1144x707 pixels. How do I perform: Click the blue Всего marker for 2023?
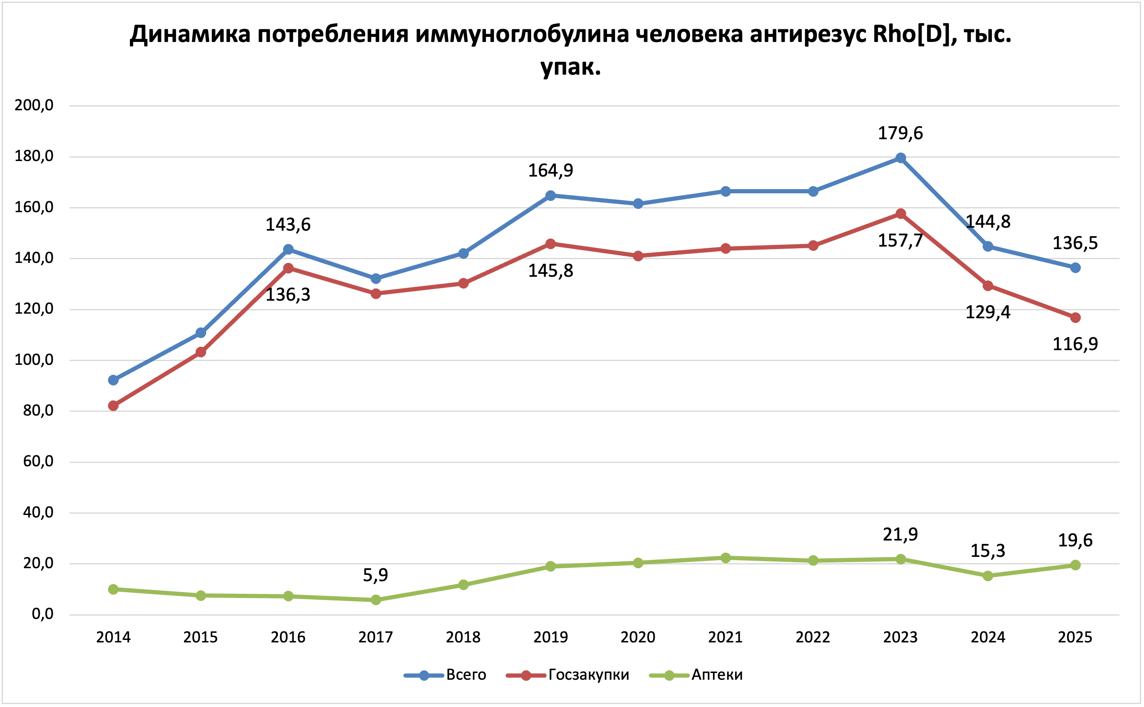[901, 158]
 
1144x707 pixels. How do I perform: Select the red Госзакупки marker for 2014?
[113, 405]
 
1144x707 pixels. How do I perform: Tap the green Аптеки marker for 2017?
[376, 600]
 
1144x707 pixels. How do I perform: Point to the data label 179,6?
[900, 133]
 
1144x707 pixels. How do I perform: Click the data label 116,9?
[1075, 344]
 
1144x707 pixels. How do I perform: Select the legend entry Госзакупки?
[589, 675]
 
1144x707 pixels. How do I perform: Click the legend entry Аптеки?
[717, 675]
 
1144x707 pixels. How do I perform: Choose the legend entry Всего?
[466, 675]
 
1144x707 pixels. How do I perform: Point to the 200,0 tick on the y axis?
[34, 105]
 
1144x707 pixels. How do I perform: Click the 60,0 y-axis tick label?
[38, 462]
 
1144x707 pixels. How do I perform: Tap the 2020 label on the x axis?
[638, 637]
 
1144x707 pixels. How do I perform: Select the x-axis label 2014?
[113, 637]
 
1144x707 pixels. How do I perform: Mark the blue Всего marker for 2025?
[1075, 268]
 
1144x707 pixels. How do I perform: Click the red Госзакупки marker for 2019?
[550, 244]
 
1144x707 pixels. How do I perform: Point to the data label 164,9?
[550, 170]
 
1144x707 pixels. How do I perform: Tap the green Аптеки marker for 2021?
[726, 558]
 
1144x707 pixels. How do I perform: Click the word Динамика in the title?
[190, 34]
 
